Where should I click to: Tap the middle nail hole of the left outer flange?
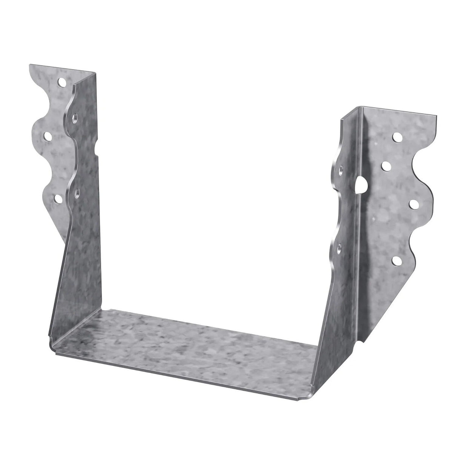(48, 135)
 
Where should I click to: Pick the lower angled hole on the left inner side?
(77, 193)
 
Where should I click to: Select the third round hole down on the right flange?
(413, 203)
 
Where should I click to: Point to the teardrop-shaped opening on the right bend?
(361, 185)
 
